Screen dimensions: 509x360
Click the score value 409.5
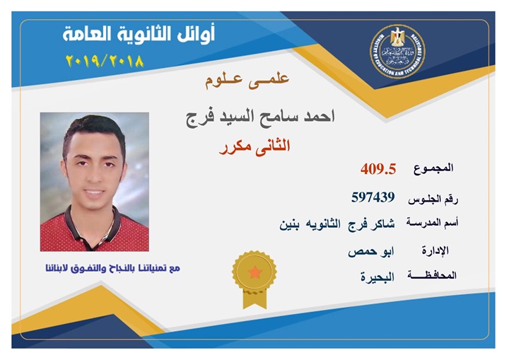click(378, 169)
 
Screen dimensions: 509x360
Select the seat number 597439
click(373, 197)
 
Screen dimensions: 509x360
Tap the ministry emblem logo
click(397, 52)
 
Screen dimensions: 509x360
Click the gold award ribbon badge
click(255, 279)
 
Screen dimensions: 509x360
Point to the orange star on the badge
click(255, 272)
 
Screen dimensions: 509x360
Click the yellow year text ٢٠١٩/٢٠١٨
click(105, 61)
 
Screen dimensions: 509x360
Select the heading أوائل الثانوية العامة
click(139, 35)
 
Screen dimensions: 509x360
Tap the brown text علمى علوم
click(247, 81)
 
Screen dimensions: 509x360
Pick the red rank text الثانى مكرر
click(255, 147)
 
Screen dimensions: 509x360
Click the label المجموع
click(433, 168)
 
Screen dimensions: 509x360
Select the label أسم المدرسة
click(432, 223)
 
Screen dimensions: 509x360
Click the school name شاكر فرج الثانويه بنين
click(337, 224)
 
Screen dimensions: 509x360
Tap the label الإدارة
click(435, 250)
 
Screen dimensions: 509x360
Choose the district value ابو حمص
click(371, 252)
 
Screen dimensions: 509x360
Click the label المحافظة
click(432, 276)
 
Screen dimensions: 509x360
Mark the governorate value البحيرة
click(378, 277)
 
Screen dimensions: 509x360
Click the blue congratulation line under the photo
click(112, 269)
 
